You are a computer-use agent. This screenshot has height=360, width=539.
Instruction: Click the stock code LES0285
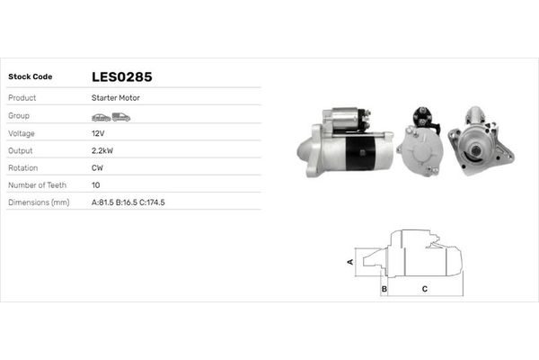click(x=128, y=76)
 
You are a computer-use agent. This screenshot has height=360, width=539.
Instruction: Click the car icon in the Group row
click(x=101, y=117)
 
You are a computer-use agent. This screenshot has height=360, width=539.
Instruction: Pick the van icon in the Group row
click(x=121, y=117)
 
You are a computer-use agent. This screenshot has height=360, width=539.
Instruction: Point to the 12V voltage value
click(x=98, y=133)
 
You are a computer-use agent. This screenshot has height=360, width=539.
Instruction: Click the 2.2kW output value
click(x=102, y=150)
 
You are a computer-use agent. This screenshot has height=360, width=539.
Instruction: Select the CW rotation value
click(x=97, y=167)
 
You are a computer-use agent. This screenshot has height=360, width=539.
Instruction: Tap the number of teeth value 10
click(x=96, y=184)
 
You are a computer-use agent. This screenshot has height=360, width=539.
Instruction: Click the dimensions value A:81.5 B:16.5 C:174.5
click(x=128, y=202)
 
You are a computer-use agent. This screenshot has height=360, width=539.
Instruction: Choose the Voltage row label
click(x=21, y=133)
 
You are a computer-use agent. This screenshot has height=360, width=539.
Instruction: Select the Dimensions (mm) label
click(x=39, y=202)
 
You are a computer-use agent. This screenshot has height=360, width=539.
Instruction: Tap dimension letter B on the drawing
click(x=384, y=289)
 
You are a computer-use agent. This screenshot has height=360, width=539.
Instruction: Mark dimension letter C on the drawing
click(x=424, y=289)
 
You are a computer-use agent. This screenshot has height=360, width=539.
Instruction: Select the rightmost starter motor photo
click(x=481, y=141)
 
